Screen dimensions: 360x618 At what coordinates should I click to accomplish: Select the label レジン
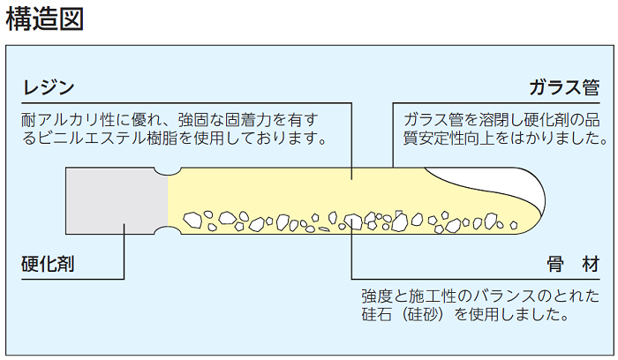click(x=48, y=87)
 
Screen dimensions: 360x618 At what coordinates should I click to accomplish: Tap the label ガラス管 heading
click(x=564, y=87)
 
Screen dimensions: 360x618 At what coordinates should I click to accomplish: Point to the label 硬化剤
click(x=48, y=263)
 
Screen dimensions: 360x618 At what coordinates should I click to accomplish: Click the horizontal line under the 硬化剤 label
click(x=71, y=277)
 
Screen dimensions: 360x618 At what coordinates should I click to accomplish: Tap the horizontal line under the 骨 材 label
click(x=477, y=277)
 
